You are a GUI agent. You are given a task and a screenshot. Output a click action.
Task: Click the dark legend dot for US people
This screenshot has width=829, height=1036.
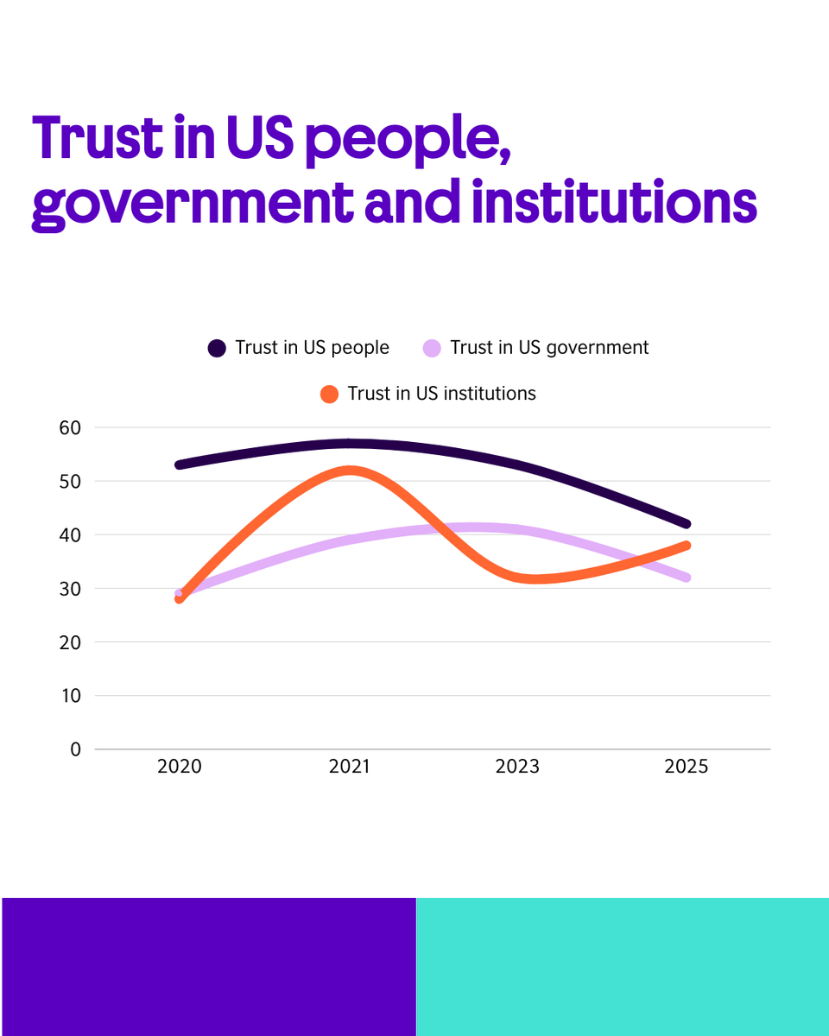217,348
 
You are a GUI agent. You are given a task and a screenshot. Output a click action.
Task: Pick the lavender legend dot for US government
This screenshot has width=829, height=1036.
433,348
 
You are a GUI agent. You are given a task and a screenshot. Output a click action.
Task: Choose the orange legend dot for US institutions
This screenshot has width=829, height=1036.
329,394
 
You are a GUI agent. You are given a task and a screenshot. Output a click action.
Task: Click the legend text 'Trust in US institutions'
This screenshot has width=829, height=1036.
441,394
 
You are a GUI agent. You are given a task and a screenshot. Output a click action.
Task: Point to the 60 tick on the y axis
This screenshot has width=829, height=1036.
70,427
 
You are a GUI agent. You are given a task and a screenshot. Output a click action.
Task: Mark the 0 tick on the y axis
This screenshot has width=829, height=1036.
75,749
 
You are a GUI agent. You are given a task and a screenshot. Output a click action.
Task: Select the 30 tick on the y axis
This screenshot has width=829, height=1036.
70,589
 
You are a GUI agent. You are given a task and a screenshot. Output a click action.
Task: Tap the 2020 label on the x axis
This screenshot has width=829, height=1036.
180,767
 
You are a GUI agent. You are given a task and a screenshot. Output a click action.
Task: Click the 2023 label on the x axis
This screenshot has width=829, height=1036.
517,767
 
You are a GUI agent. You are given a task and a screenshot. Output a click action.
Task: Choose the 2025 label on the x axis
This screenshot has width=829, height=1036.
687,767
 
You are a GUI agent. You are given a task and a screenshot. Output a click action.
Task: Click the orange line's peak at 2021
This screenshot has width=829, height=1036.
350,471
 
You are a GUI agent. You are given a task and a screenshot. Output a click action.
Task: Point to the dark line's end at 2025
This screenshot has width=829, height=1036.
687,524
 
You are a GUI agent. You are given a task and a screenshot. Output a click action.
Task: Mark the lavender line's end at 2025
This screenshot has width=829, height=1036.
687,578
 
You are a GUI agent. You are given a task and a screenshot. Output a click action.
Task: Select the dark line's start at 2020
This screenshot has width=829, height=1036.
180,464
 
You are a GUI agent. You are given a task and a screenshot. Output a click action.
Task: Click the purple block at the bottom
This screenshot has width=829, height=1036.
208,966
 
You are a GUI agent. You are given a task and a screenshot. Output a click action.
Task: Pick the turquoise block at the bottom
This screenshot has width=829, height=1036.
623,966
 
